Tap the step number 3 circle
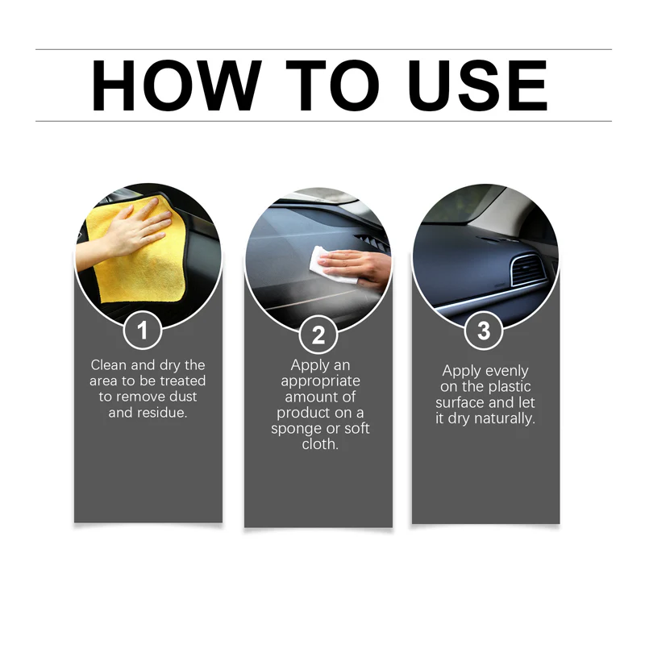click(x=484, y=331)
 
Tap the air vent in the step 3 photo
click(x=528, y=271)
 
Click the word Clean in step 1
click(x=109, y=365)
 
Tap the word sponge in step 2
click(x=296, y=428)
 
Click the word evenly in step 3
click(x=506, y=372)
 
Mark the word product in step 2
click(x=303, y=413)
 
